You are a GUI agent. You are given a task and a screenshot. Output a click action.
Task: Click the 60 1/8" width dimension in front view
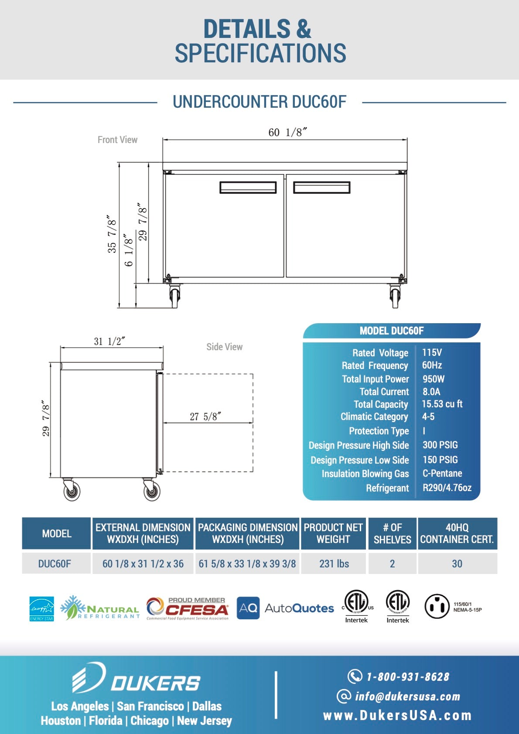287,132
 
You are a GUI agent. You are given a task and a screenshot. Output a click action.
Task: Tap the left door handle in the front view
248,188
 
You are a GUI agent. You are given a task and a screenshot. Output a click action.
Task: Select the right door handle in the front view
321,188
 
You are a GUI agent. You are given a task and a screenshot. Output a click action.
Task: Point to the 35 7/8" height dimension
112,234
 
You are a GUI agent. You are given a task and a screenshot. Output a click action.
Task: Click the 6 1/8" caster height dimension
129,249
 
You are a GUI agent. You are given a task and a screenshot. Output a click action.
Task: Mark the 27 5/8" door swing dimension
205,417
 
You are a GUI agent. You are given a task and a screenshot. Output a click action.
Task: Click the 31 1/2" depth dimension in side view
109,341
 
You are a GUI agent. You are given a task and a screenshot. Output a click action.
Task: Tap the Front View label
117,140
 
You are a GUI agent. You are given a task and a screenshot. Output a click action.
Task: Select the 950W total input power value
433,379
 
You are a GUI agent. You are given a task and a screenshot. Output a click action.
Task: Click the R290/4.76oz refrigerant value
447,488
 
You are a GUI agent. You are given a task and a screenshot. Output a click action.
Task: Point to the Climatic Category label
374,417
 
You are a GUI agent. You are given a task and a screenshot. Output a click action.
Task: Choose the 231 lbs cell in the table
334,563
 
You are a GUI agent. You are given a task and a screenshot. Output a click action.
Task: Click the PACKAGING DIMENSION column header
248,533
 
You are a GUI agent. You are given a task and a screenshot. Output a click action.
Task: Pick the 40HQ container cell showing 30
457,563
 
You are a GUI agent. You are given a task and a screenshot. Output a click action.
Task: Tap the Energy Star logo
42,608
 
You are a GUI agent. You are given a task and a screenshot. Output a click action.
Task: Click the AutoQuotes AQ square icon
248,608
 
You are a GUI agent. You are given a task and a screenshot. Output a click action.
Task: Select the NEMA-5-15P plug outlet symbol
437,606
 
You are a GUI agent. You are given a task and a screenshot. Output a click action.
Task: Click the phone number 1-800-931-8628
407,677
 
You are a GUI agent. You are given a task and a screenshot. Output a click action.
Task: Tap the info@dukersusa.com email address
407,696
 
